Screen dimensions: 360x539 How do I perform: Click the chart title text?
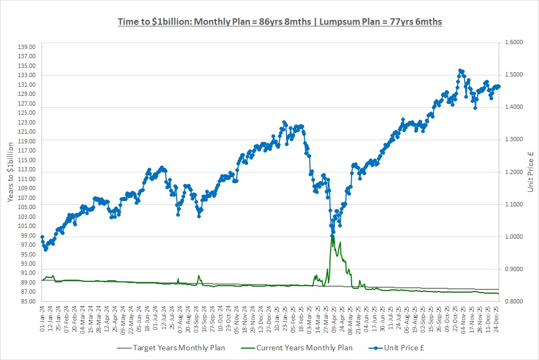280,22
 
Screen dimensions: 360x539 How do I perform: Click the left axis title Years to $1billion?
11,172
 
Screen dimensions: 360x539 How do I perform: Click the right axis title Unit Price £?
530,172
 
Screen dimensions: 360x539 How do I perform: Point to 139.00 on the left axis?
27,47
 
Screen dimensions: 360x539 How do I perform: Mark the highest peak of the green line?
332,236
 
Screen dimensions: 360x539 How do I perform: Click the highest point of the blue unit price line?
460,70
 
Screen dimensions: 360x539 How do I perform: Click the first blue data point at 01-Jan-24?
42,237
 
